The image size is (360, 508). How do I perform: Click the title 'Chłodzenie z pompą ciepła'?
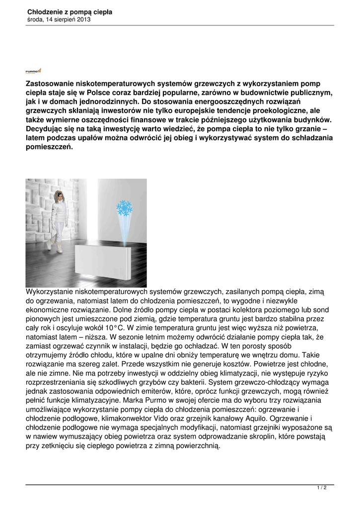(69, 11)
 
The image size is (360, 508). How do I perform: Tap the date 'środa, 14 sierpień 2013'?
(58, 19)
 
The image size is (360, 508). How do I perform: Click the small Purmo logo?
(33, 71)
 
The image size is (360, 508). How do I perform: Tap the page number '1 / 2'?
(321, 489)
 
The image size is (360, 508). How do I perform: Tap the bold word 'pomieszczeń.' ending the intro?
(49, 147)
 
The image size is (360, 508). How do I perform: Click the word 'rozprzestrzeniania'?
(57, 382)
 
